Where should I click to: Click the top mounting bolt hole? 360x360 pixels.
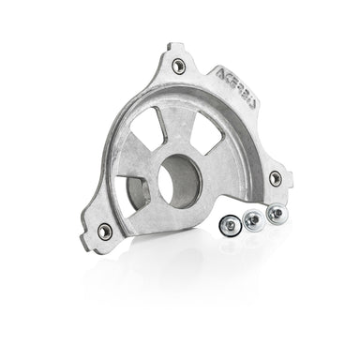pyautogui.click(x=178, y=65)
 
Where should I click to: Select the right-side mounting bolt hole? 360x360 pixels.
pyautogui.click(x=275, y=177)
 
